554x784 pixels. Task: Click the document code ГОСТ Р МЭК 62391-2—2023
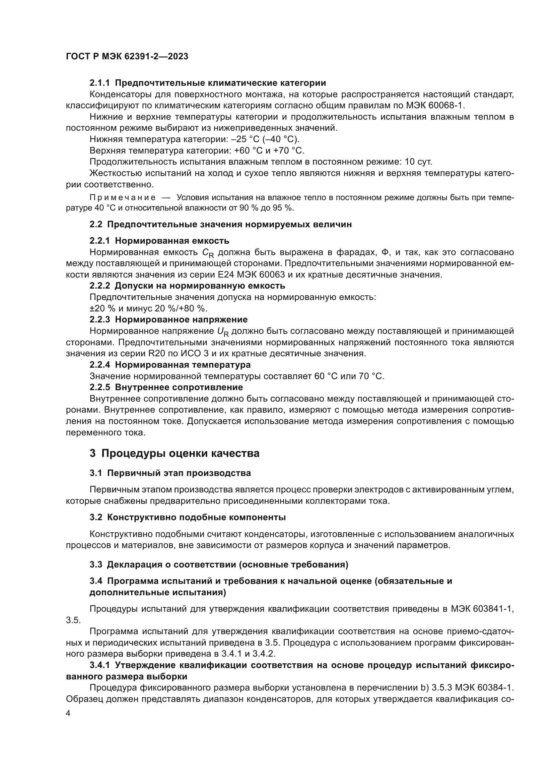click(x=127, y=57)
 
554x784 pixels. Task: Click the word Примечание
click(x=123, y=198)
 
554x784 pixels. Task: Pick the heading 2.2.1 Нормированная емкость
click(x=159, y=241)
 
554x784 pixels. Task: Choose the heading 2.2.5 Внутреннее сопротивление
click(x=166, y=387)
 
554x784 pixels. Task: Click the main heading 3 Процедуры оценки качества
click(x=174, y=454)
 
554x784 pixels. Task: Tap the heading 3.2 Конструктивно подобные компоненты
click(x=188, y=517)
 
